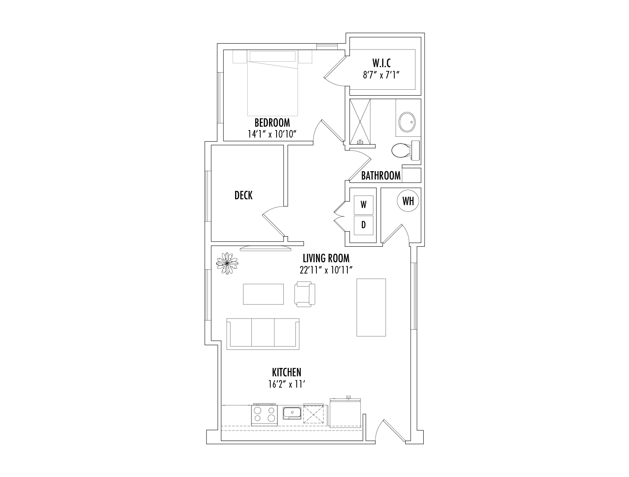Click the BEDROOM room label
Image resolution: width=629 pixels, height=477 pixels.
click(x=272, y=123)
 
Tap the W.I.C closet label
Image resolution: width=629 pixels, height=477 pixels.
click(x=381, y=63)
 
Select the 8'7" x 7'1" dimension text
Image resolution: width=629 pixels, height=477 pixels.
click(x=381, y=75)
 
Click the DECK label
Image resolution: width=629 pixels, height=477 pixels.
click(x=243, y=195)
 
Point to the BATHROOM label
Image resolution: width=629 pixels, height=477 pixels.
click(x=381, y=175)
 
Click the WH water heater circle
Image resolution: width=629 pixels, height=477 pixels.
click(x=408, y=201)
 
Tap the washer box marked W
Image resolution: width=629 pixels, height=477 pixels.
click(x=363, y=205)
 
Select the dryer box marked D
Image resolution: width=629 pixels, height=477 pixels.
click(x=363, y=225)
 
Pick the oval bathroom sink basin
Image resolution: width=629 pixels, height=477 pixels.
click(x=407, y=122)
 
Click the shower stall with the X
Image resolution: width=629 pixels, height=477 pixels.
click(x=360, y=122)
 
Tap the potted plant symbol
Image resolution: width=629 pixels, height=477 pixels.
click(x=227, y=263)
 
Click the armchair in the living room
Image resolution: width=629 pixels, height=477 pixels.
click(x=305, y=294)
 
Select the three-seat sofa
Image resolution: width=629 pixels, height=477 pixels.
click(x=263, y=334)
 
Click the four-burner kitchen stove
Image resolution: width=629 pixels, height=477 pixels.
click(x=264, y=415)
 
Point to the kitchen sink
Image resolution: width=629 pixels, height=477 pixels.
click(x=292, y=413)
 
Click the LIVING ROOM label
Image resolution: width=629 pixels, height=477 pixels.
click(x=326, y=258)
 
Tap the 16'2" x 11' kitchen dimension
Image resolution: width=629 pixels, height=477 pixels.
click(x=286, y=384)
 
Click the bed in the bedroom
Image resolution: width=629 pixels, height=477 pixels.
click(x=272, y=83)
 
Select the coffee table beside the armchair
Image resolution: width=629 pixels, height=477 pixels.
click(x=263, y=294)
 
